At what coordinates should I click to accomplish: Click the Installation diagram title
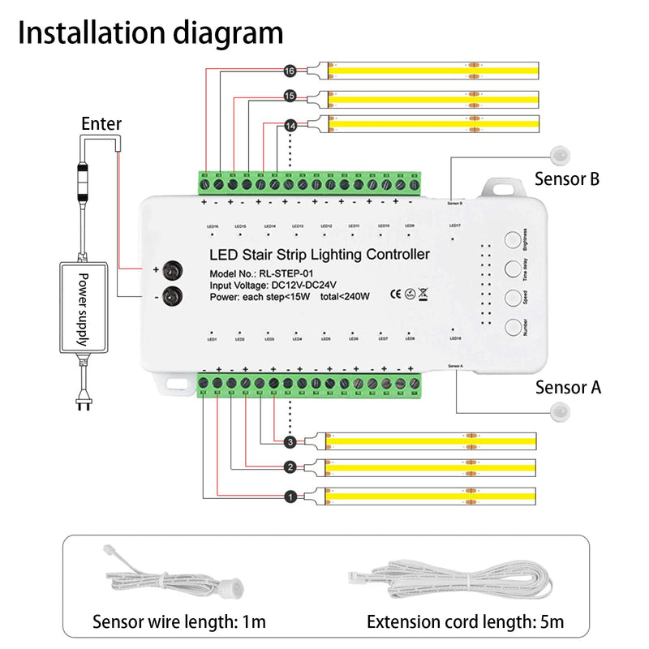click(151, 33)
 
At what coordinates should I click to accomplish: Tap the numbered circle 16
click(290, 71)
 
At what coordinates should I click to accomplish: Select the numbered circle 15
click(290, 97)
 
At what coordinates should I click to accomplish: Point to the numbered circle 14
click(290, 126)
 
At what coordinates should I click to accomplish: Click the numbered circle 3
click(290, 442)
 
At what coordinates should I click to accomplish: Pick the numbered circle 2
click(290, 467)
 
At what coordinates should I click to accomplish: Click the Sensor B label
click(566, 179)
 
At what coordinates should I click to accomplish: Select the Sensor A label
click(568, 387)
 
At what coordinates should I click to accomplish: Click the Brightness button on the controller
click(513, 240)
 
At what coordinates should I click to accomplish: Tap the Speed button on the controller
click(513, 297)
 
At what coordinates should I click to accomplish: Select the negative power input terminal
click(171, 297)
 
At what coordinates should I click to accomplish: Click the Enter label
click(101, 124)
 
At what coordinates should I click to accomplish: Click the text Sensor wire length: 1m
click(178, 622)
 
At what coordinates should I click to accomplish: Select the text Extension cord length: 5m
click(465, 622)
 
